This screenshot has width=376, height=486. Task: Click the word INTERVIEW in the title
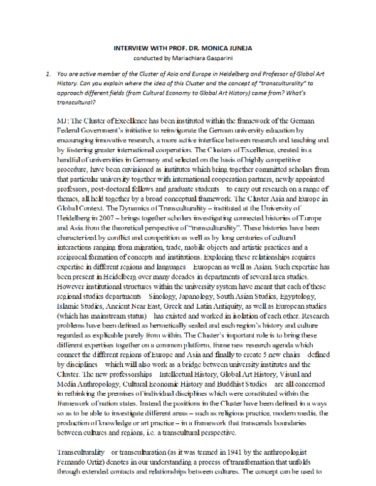click(x=132, y=48)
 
